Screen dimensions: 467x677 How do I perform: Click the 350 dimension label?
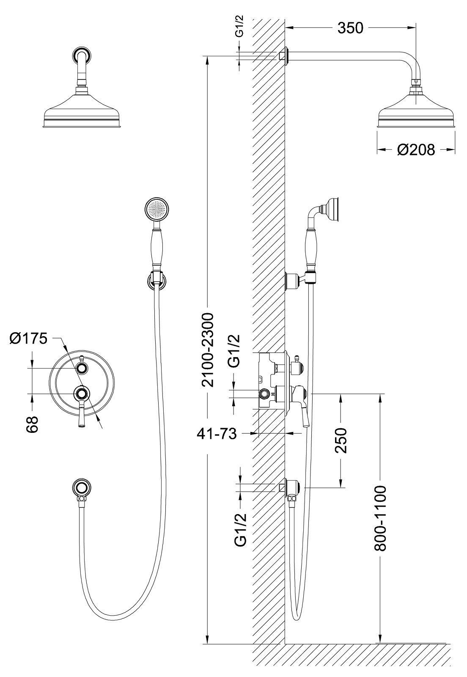[x=350, y=28]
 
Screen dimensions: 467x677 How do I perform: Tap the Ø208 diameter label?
[x=416, y=149]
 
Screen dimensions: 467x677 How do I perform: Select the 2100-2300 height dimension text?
[x=208, y=350]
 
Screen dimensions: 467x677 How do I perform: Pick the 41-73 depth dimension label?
[x=216, y=434]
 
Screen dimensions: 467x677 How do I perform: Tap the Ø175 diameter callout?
[x=28, y=338]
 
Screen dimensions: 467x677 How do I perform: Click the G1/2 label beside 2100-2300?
[x=234, y=351]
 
